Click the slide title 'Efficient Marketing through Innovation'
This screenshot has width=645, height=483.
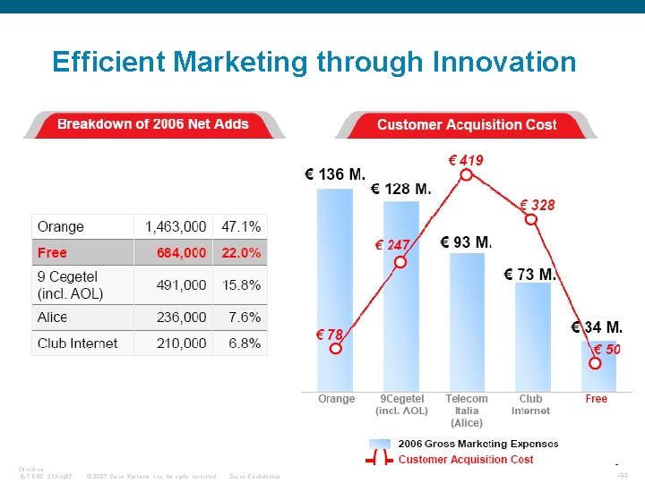pyautogui.click(x=314, y=62)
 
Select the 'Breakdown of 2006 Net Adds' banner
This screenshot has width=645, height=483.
pyautogui.click(x=153, y=124)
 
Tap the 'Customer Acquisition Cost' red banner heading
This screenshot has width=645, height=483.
pyautogui.click(x=467, y=125)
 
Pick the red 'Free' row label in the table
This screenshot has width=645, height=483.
pyautogui.click(x=52, y=253)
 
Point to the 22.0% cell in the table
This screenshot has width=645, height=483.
pyautogui.click(x=241, y=253)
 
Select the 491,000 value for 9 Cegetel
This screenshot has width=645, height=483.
pyautogui.click(x=181, y=285)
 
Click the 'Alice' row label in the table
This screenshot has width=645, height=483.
pyautogui.click(x=52, y=318)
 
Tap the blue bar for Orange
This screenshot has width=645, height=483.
pyautogui.click(x=335, y=286)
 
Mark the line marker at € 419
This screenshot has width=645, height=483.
pyautogui.click(x=466, y=175)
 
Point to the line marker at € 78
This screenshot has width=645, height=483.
pyautogui.click(x=335, y=349)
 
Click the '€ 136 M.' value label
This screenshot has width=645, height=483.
pyautogui.click(x=334, y=174)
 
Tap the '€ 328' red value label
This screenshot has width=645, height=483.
pyautogui.click(x=537, y=205)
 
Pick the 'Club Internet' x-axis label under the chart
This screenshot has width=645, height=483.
pyautogui.click(x=530, y=405)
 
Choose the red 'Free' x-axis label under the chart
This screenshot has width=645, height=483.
pyautogui.click(x=596, y=399)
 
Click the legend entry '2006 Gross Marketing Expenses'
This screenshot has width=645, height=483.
pyautogui.click(x=477, y=444)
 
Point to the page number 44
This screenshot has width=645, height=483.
pyautogui.click(x=623, y=476)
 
